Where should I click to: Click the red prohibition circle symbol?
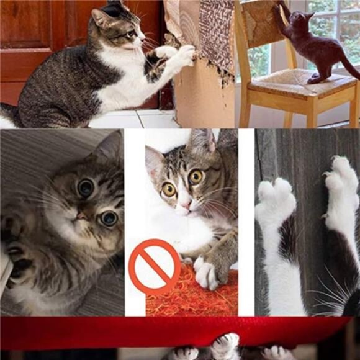pos(155,266)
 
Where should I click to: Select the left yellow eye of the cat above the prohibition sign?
pos(169,189)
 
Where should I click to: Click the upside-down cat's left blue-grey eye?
pos(86,187)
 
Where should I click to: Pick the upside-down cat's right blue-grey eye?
pos(109,218)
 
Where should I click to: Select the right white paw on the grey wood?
pos(340,180)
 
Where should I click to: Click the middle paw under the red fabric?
pos(225,345)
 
